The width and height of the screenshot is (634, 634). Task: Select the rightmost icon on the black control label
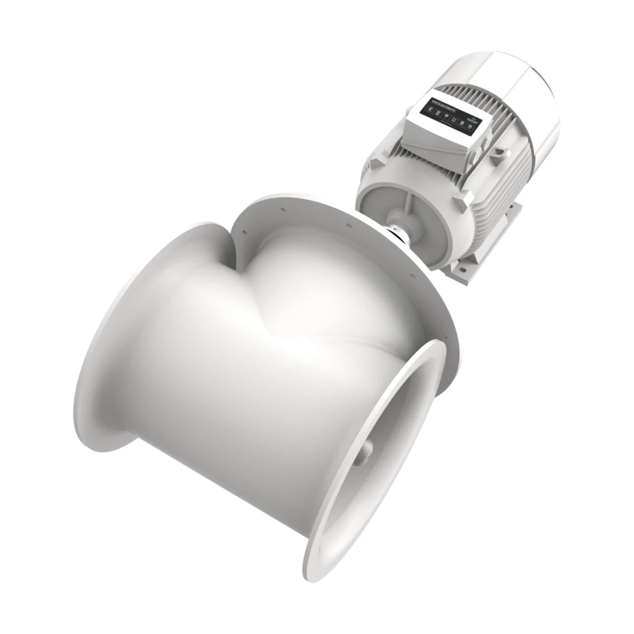pyautogui.click(x=469, y=127)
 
